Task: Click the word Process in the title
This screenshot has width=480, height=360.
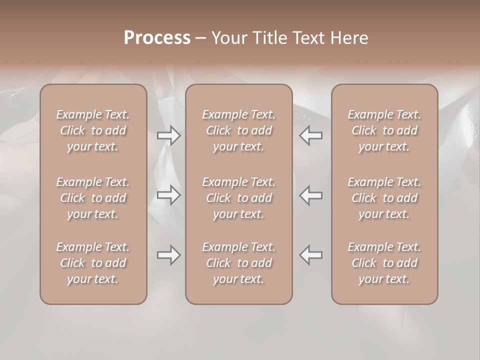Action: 157,38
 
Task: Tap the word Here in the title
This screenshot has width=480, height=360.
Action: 348,38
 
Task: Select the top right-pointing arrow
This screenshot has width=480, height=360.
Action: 169,135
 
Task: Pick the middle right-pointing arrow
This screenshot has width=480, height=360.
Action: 169,195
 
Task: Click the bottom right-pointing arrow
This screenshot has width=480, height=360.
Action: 169,255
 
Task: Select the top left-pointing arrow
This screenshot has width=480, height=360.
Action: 310,135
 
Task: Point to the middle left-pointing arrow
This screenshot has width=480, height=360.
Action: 310,195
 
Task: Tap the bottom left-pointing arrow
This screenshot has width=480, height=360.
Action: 310,255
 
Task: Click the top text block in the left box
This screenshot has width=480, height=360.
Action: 93,130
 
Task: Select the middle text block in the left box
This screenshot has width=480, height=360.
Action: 93,198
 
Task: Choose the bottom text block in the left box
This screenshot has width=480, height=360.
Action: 93,263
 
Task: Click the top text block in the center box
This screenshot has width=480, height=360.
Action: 239,130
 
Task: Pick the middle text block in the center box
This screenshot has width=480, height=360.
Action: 239,198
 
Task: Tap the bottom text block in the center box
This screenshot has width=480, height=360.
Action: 239,263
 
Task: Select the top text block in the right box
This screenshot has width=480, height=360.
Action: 384,130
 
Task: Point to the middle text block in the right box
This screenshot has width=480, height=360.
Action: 384,198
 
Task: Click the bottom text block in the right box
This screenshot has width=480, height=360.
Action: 384,263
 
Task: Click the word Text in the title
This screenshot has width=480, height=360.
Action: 308,38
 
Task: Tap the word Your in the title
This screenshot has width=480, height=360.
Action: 228,38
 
